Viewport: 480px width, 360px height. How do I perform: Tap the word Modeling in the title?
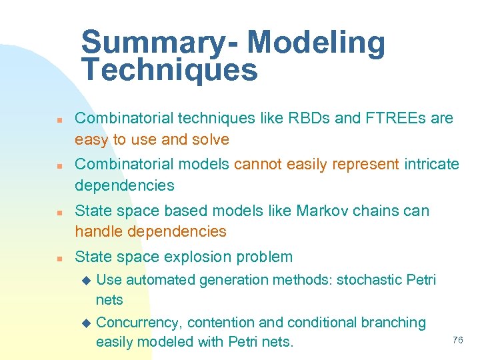point(316,43)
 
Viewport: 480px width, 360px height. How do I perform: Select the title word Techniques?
point(169,70)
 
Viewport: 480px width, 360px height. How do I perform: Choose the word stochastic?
point(368,280)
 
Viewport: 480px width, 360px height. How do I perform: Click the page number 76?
point(457,340)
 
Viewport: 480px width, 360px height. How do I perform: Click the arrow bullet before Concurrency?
point(85,323)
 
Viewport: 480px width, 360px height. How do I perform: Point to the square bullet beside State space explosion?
point(59,258)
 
